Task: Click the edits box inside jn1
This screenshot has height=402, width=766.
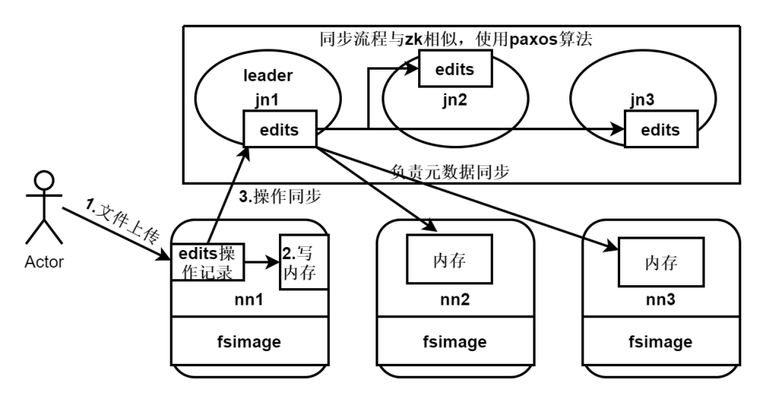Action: [280, 129]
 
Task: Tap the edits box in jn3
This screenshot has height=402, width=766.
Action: [661, 130]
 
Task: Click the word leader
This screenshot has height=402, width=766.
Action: [267, 76]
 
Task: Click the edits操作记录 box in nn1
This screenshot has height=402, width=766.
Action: [209, 262]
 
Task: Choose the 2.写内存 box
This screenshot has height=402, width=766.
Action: [304, 261]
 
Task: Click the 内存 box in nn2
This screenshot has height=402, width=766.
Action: [449, 259]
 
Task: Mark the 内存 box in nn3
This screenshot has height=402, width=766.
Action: [661, 264]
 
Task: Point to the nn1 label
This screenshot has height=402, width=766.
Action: [250, 301]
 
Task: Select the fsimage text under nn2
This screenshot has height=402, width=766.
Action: [455, 342]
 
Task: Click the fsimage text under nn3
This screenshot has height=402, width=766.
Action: [660, 342]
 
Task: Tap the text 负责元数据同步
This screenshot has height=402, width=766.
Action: [450, 171]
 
